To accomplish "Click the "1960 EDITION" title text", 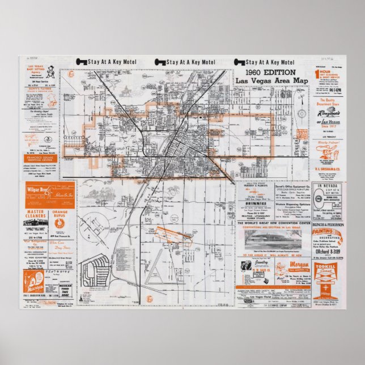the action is tap(271, 73).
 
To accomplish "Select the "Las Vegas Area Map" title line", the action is tap(271, 81).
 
